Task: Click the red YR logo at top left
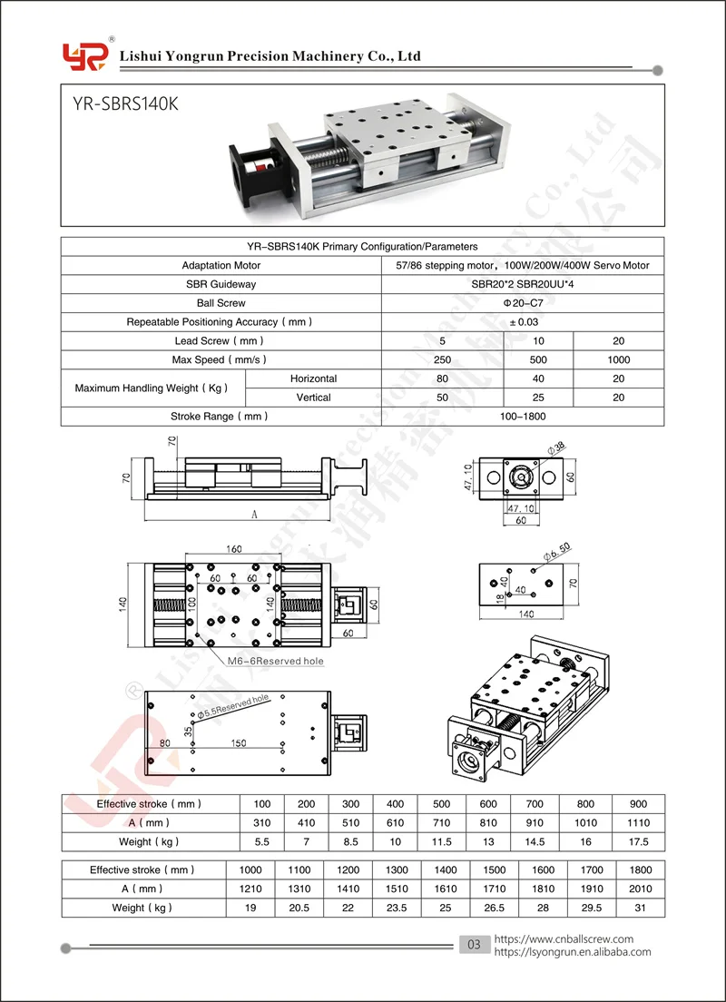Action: click(x=85, y=56)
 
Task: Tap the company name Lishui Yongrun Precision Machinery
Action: click(x=271, y=56)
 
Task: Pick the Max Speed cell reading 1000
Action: click(x=620, y=360)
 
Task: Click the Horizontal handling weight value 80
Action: click(x=442, y=379)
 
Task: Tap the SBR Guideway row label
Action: click(x=221, y=284)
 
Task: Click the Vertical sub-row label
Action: click(x=313, y=398)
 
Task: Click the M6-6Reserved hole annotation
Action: click(x=276, y=661)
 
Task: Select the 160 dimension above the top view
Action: click(x=234, y=549)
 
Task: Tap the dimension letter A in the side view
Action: click(x=255, y=514)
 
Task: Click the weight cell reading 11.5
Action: click(x=442, y=841)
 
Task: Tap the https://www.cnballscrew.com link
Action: click(x=564, y=939)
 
